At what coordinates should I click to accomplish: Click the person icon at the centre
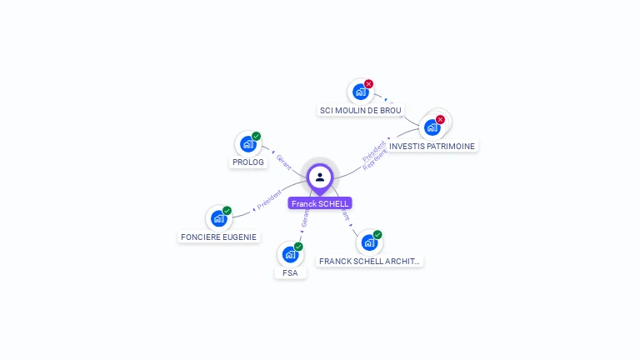click(x=320, y=177)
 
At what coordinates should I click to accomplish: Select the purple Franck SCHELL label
click(x=320, y=203)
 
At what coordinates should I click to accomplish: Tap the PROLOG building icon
click(x=247, y=143)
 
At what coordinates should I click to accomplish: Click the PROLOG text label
click(x=248, y=162)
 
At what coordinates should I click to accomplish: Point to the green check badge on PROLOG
click(x=256, y=136)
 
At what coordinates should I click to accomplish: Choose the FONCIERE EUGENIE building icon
click(x=218, y=218)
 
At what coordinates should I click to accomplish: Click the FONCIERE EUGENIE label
click(x=218, y=237)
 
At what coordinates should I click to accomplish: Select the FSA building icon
click(x=290, y=254)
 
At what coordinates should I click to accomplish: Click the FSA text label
click(x=290, y=272)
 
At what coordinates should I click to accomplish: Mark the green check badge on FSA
click(x=298, y=247)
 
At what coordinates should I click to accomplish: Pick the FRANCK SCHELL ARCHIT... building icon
click(x=368, y=242)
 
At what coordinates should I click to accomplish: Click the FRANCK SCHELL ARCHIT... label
click(x=370, y=261)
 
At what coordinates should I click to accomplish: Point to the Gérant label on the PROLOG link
click(x=283, y=161)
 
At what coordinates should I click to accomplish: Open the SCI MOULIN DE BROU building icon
click(x=360, y=92)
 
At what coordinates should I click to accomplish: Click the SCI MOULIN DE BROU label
click(x=361, y=110)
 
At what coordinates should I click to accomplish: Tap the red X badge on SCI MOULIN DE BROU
click(x=368, y=84)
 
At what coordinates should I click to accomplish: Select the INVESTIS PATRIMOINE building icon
click(x=432, y=127)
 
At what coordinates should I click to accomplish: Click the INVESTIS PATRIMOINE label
click(x=432, y=146)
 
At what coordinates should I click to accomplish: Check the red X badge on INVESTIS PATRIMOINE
click(x=440, y=120)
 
